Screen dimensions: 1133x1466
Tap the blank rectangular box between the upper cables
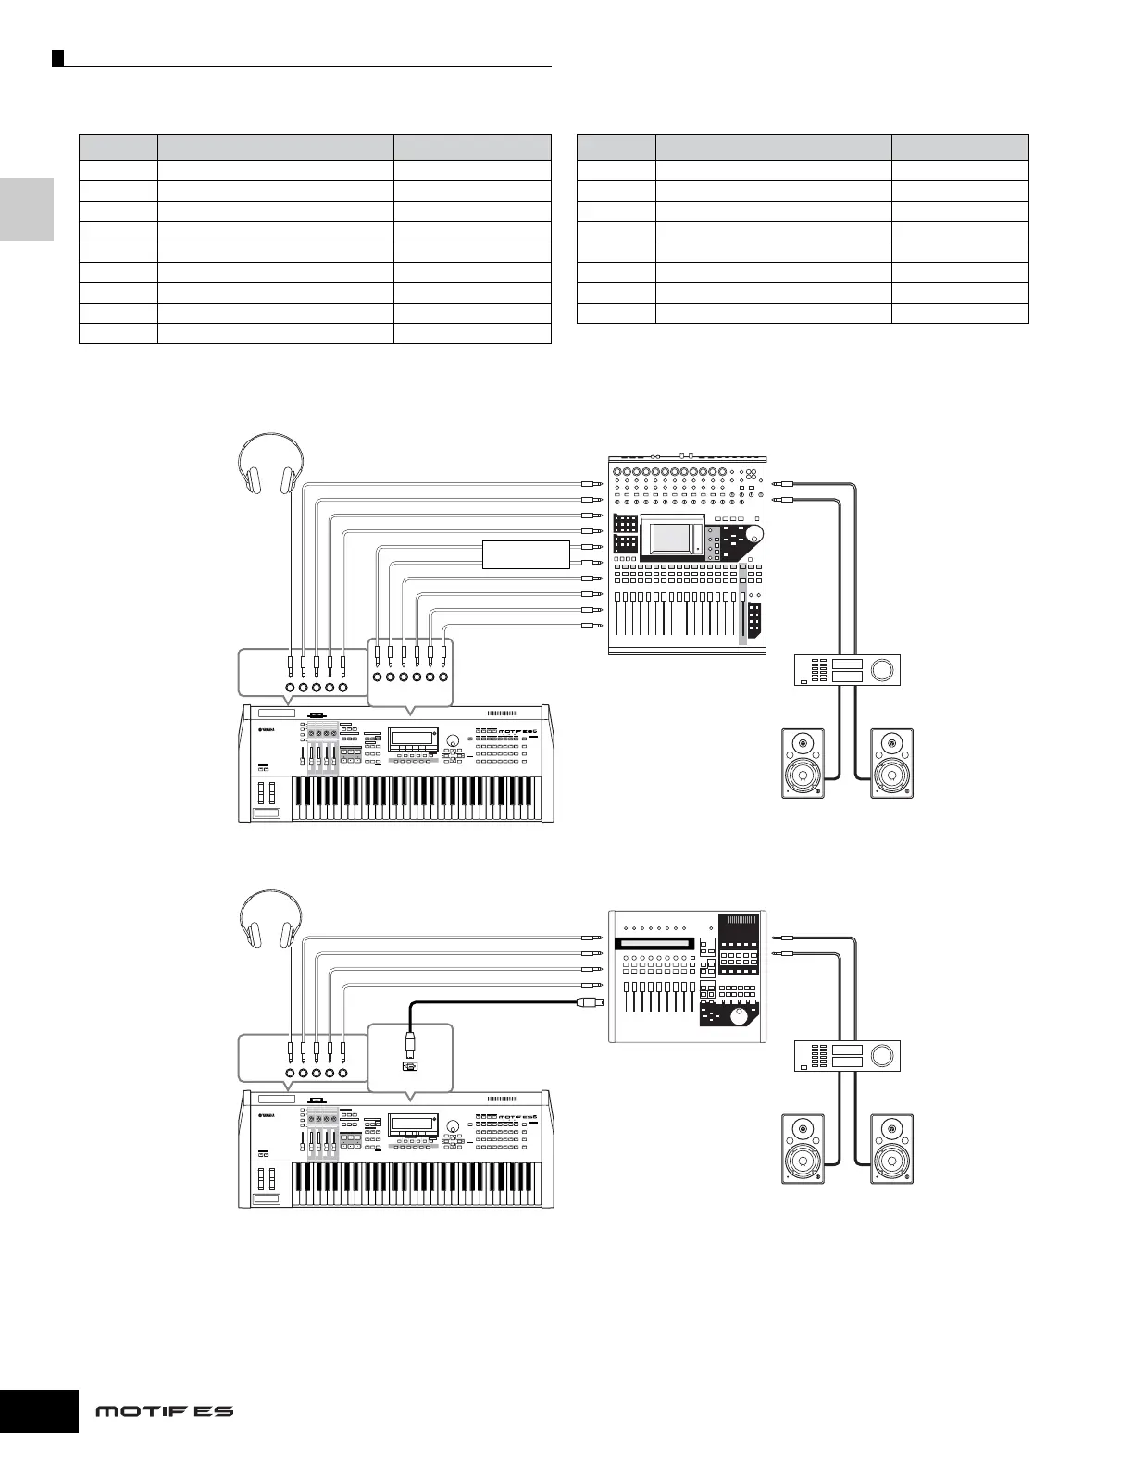[526, 554]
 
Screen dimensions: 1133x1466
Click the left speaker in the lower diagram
[803, 1148]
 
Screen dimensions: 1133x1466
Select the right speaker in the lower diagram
[891, 1148]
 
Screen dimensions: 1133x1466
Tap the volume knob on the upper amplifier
[884, 669]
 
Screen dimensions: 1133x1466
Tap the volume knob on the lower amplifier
[884, 1055]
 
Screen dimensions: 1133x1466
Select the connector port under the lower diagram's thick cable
[409, 1066]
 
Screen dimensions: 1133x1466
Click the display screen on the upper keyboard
[413, 739]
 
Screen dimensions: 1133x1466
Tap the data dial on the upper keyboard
[454, 740]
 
